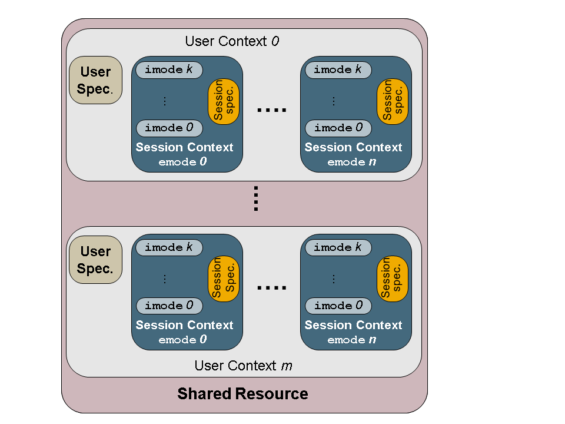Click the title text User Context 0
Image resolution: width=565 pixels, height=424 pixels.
pos(232,41)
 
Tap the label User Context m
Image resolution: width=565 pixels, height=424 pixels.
pos(243,366)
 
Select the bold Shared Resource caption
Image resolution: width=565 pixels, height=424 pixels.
pos(242,394)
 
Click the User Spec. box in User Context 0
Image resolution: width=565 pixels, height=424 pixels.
pos(95,80)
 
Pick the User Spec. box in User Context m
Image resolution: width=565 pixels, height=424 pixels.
pos(95,260)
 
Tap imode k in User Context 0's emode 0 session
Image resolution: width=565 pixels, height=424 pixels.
pos(169,69)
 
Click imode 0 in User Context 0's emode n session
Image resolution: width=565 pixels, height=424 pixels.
pos(338,128)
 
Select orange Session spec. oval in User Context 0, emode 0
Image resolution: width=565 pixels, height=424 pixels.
pos(224,101)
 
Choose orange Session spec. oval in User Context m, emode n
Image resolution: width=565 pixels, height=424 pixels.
pos(392,279)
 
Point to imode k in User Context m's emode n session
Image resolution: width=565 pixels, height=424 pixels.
pos(338,247)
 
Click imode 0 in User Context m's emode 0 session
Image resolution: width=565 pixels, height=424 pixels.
pos(169,306)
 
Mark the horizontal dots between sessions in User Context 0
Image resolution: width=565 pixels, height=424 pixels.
pos(272,110)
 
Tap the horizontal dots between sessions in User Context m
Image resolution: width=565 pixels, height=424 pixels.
pos(272,288)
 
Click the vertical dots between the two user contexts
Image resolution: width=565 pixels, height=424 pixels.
pos(256,198)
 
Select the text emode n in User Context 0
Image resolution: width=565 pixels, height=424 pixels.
pos(352,162)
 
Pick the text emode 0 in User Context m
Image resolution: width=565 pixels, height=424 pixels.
pos(182,340)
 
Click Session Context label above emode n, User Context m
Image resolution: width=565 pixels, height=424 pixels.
pos(353,325)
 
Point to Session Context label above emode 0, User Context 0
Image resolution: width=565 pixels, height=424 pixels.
pos(184,147)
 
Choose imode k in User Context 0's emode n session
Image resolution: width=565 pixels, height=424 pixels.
pos(338,69)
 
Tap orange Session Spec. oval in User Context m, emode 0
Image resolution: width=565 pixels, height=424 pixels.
pos(224,279)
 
